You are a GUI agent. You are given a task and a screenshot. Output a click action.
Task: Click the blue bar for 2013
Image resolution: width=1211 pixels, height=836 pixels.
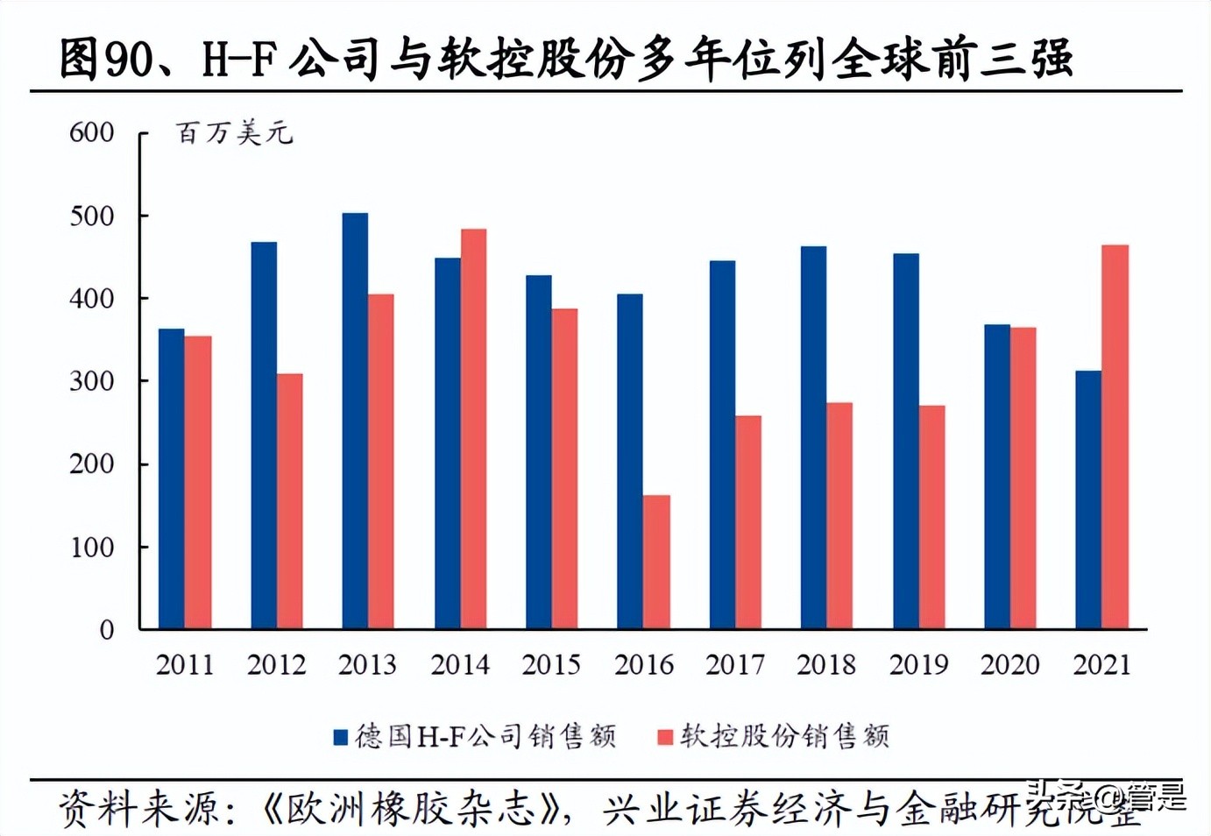pyautogui.click(x=355, y=421)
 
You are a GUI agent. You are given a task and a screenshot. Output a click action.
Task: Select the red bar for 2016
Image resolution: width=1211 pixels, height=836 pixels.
pyautogui.click(x=656, y=562)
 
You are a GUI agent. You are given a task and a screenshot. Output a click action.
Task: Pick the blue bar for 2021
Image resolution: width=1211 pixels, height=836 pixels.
pyautogui.click(x=1088, y=499)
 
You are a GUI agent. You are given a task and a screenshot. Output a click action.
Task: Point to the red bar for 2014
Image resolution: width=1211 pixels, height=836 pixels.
pyautogui.click(x=473, y=429)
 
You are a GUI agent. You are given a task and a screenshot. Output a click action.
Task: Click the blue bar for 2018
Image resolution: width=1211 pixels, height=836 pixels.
pyautogui.click(x=813, y=437)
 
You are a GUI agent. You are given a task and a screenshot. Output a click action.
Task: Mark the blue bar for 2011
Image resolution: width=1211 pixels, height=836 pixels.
pyautogui.click(x=172, y=478)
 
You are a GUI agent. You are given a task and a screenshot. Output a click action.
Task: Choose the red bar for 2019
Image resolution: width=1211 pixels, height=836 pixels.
pyautogui.click(x=932, y=517)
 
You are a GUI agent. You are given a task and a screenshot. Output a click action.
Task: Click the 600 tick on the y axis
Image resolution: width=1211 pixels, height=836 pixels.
pyautogui.click(x=92, y=132)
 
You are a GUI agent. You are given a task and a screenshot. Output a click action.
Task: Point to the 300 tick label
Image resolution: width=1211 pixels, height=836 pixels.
pyautogui.click(x=92, y=381)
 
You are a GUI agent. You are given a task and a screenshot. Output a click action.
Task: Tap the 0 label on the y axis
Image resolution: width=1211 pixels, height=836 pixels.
pyautogui.click(x=106, y=630)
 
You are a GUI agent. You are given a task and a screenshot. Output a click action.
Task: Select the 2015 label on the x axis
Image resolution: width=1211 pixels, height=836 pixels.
pyautogui.click(x=551, y=665)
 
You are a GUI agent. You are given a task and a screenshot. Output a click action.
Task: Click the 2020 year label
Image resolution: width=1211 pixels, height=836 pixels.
pyautogui.click(x=1009, y=665)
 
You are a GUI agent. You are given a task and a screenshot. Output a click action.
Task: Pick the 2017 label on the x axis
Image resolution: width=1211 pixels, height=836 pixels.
pyautogui.click(x=735, y=665)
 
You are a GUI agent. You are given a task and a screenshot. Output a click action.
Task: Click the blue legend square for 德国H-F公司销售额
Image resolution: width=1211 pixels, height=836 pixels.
pyautogui.click(x=341, y=737)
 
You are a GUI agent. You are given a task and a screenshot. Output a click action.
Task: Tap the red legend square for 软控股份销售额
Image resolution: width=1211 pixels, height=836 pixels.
pyautogui.click(x=665, y=737)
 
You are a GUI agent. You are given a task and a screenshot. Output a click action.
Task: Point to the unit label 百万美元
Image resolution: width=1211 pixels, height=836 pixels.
pyautogui.click(x=234, y=133)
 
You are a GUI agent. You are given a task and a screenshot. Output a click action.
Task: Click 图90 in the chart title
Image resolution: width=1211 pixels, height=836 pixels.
pyautogui.click(x=96, y=60)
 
